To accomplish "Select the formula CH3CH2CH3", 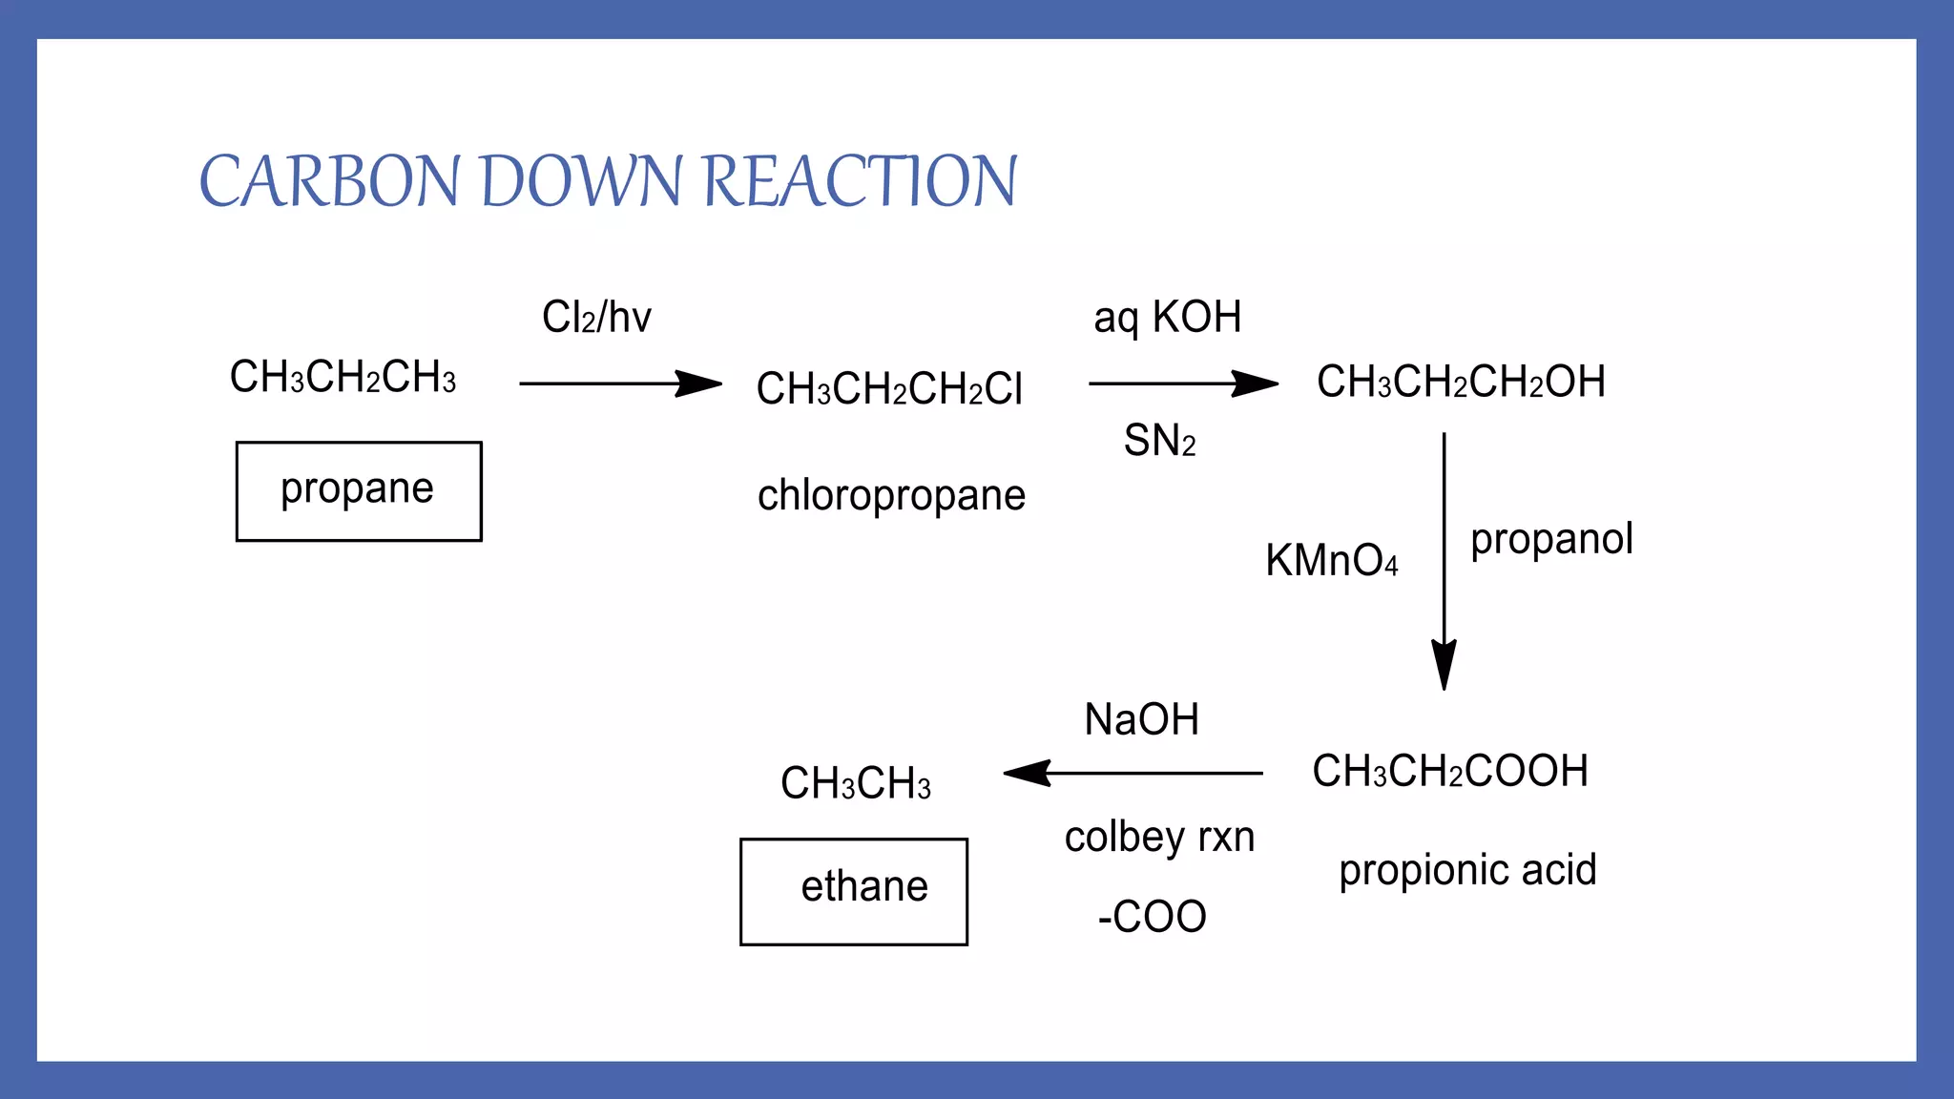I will [343, 378].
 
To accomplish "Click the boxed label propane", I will [359, 490].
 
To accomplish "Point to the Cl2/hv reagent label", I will [596, 318].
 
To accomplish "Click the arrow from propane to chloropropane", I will [620, 384].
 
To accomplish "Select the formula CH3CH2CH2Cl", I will [888, 389].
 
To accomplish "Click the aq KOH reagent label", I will [1167, 318].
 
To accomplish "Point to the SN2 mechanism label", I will [1159, 442].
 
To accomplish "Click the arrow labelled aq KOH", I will [1183, 384].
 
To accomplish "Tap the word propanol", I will [1551, 540].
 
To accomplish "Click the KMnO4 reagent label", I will [1331, 561].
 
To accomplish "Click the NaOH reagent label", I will [1141, 720].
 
